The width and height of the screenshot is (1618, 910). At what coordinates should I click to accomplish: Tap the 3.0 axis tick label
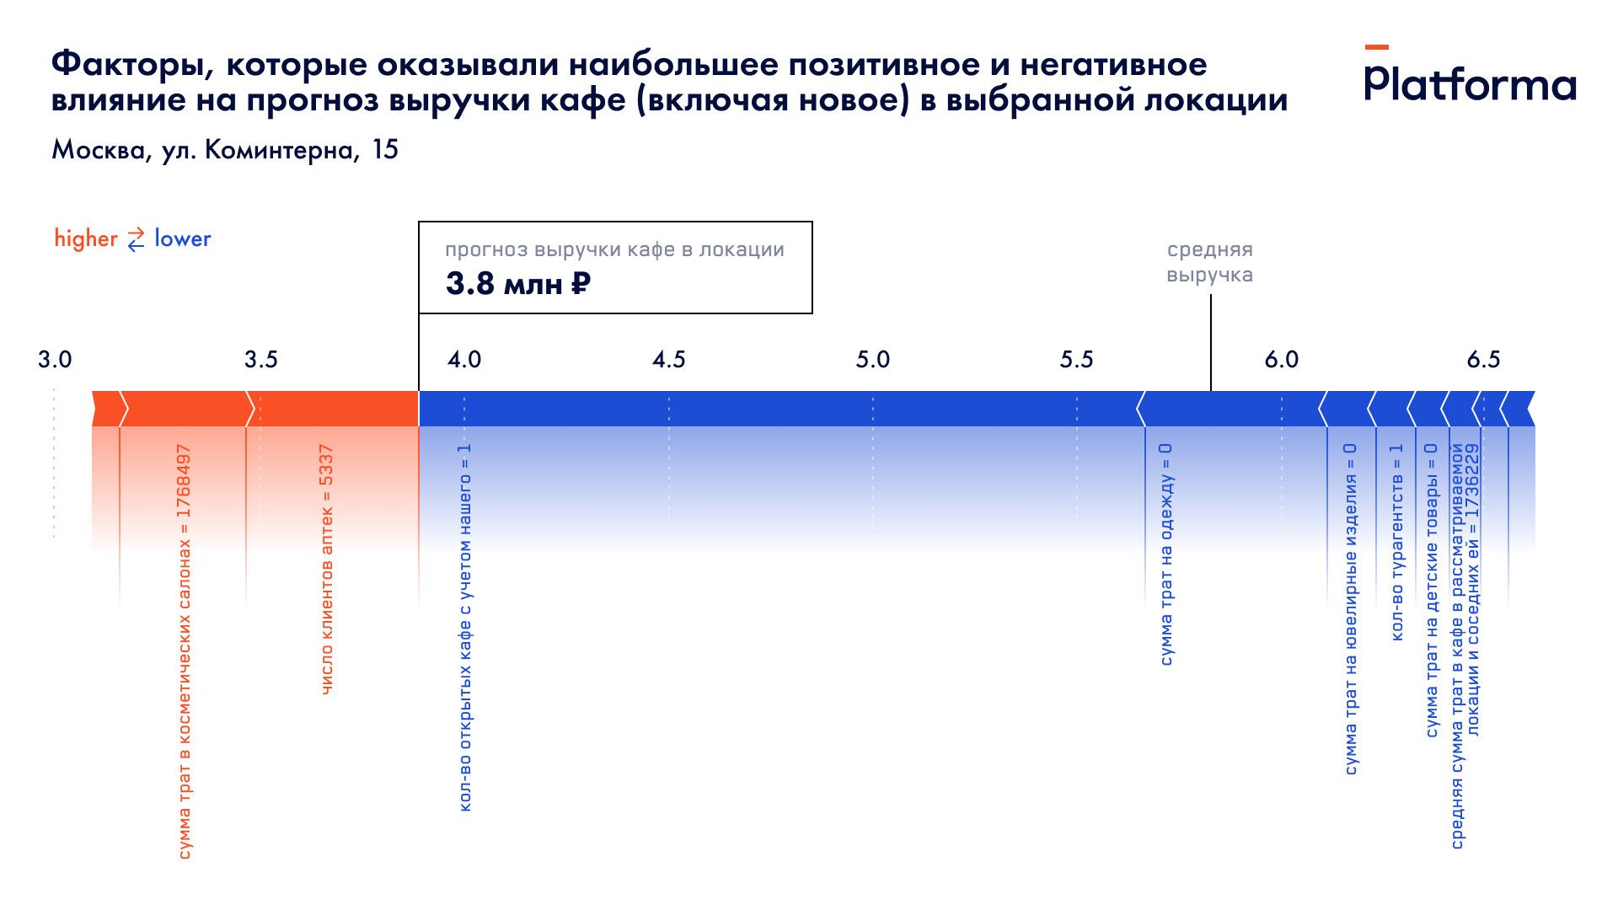point(55,360)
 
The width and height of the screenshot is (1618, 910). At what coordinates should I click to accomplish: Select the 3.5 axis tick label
point(260,360)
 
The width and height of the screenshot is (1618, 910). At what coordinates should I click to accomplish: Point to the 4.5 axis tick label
point(668,360)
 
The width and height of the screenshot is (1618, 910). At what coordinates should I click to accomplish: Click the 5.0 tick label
point(872,360)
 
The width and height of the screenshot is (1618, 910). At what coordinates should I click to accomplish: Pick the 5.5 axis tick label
point(1076,360)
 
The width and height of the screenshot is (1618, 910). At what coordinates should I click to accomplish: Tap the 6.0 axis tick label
point(1281,360)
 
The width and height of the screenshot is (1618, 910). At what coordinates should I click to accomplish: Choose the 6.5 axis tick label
point(1483,360)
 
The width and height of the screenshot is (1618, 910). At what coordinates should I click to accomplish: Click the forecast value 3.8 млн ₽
point(517,284)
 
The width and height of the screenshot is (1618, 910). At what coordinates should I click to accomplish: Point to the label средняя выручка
point(1209,262)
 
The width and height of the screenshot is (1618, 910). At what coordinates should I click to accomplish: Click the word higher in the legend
point(86,238)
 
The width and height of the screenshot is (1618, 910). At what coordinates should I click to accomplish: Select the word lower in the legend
point(182,238)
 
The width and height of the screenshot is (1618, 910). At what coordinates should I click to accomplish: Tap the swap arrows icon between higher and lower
point(136,239)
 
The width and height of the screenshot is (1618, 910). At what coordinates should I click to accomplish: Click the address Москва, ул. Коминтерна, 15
point(224,150)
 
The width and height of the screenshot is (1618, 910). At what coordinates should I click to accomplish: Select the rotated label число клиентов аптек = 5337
point(327,570)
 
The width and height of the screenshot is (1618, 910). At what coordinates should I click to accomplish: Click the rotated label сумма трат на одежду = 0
point(1166,554)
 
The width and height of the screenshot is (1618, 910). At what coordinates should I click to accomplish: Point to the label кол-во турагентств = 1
point(1396,542)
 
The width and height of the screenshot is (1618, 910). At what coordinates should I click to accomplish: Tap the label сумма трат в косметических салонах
point(185,652)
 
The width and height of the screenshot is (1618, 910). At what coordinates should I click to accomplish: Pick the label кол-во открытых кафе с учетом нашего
point(464,628)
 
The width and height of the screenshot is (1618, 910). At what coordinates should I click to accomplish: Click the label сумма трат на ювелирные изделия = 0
point(1351,609)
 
